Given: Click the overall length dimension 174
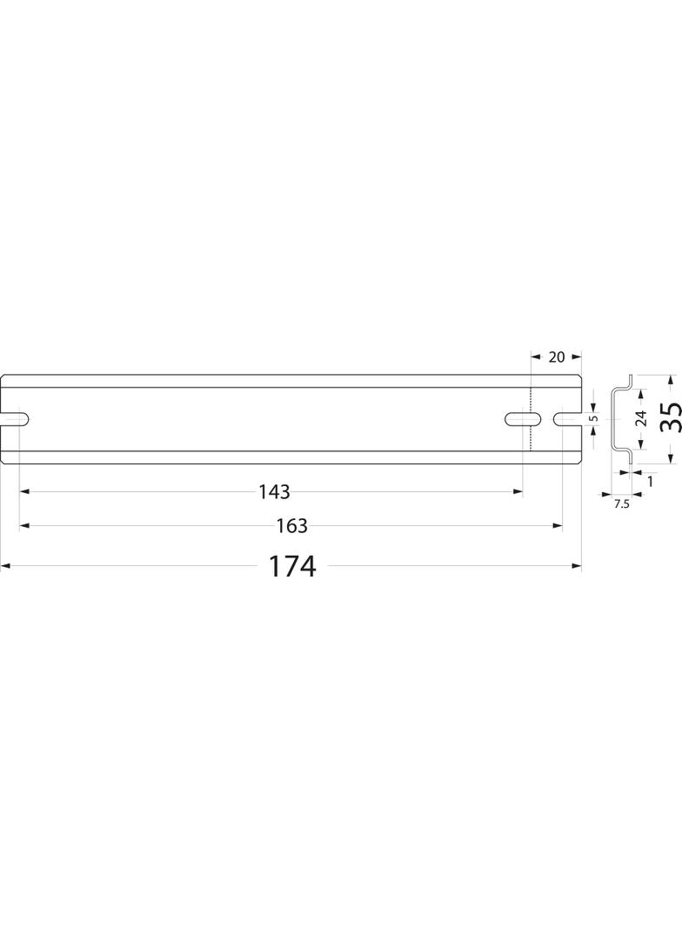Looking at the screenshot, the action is coord(292,566).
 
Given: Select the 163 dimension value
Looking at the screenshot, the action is coord(291,525).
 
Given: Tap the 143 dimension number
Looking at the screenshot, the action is coord(275,491).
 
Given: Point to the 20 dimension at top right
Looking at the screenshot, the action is coord(557,357).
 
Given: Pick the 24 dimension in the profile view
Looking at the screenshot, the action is coord(640,418).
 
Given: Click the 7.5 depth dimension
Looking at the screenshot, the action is coord(621,504).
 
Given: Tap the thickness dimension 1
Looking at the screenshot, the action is coord(651,481).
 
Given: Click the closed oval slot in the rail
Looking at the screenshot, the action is coord(524,418).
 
